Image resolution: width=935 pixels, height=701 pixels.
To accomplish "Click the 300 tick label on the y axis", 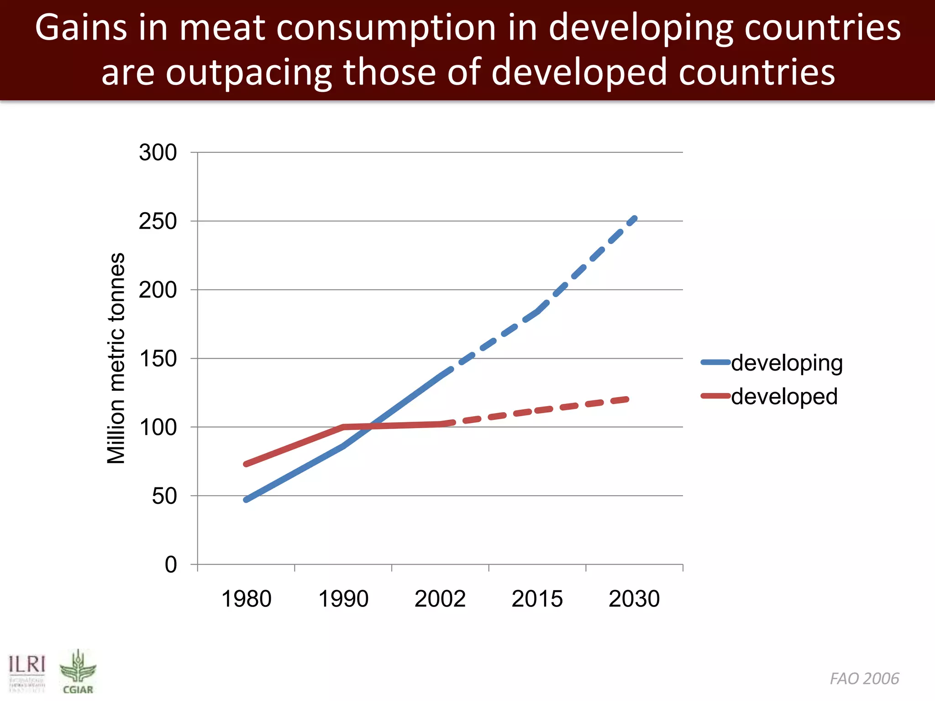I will (158, 152).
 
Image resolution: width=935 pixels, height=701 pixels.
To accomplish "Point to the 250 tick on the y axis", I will (158, 221).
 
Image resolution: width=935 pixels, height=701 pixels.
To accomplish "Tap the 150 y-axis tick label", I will (158, 359).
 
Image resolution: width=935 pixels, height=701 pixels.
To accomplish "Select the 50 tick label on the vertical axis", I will (164, 496).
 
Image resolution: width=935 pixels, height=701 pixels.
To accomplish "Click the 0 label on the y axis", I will (171, 565).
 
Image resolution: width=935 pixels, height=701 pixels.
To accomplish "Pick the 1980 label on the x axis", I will (246, 599).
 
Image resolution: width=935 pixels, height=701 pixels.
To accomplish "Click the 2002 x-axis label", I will (440, 599).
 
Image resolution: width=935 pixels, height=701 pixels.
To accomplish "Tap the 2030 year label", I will (634, 599).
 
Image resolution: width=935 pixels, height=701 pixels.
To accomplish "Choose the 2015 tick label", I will (537, 599).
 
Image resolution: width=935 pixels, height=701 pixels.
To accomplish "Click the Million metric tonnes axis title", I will (116, 358).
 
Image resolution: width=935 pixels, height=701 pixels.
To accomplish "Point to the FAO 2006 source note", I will (864, 679).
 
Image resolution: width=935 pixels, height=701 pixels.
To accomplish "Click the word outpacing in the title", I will (249, 73).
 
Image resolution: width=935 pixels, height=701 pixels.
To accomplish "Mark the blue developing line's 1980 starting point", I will (247, 500).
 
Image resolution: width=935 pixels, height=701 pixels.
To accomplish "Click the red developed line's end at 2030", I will (629, 399).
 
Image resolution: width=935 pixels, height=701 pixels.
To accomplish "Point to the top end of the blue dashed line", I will (635, 219).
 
